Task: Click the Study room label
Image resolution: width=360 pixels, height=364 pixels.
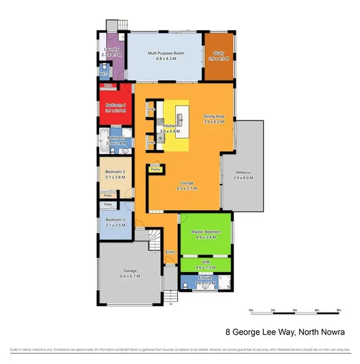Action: point(219,53)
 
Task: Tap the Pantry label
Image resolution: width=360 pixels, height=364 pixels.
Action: point(156,169)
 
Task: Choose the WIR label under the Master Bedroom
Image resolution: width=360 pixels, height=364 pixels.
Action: point(206,262)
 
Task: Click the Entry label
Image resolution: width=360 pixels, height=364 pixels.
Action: point(170,252)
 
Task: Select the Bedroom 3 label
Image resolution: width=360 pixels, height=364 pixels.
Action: point(115,171)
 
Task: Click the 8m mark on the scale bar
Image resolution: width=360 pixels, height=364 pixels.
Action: point(339,310)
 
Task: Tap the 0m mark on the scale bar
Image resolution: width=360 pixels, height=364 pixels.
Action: point(251,310)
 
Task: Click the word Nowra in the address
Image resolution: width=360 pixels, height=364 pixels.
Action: point(333,332)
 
